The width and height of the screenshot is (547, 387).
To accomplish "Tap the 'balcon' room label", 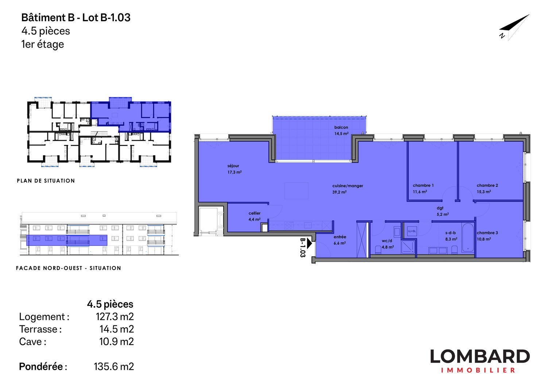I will coord(341,127).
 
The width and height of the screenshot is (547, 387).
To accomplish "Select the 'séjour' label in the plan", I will coord(233,166).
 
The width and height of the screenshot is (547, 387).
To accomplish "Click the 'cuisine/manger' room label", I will coord(348,186).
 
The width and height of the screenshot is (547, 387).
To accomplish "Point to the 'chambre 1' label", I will coord(423,185).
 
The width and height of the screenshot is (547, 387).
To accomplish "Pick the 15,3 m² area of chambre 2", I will coord(484,192).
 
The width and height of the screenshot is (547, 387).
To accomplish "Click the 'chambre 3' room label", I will coord(487,233).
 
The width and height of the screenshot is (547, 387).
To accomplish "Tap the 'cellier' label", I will coord(255,213).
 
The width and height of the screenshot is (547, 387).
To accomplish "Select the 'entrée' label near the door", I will coord(340,237).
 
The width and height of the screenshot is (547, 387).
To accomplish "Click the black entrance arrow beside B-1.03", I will coord(310,243).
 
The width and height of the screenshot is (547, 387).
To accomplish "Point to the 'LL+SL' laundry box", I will coord(412,231).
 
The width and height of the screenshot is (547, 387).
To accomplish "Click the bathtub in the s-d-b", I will coord(468,238).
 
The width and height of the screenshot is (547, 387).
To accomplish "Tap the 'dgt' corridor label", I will coord(440,208).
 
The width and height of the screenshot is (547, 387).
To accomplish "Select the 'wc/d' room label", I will coord(387,241).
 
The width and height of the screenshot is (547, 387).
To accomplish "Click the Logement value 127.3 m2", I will coord(115,317).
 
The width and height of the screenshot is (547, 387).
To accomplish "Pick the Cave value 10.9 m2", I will coord(116,342).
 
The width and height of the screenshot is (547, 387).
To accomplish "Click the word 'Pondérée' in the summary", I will coord(41,367).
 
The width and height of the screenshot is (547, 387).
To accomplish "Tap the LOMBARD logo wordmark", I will coord(480,357).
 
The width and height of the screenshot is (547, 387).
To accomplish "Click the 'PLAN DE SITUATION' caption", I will coord(46,181).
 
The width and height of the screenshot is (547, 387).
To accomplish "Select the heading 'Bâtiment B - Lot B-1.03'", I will coord(76,18).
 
